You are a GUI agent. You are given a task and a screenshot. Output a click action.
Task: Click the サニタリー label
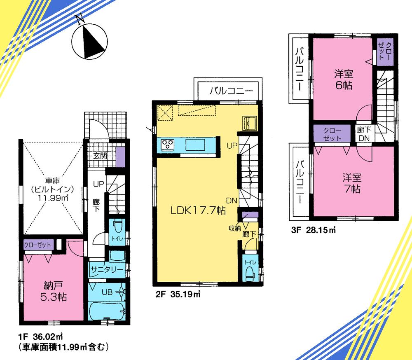coord(107,270)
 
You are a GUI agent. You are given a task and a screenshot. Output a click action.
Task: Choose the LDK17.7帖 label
coord(198,210)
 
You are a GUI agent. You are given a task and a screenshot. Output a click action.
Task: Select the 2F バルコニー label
coord(228,91)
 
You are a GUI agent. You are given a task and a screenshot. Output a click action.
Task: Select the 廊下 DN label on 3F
coord(364,133)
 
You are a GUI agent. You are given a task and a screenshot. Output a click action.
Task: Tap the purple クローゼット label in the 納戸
coord(37,244)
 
